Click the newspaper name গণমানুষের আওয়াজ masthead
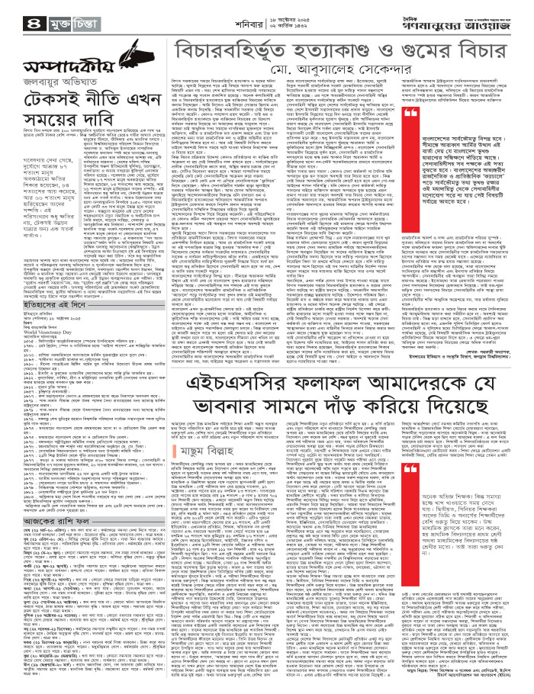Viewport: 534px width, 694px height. (457, 24)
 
